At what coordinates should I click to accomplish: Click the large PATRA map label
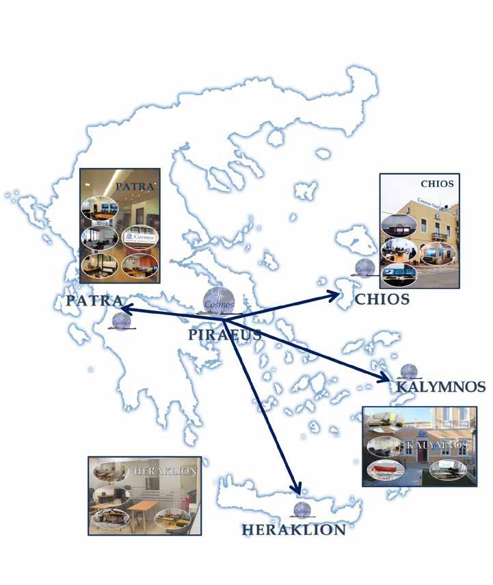tap(94, 301)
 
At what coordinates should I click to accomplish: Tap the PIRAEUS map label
tap(224, 334)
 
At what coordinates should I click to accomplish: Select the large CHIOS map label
tap(382, 299)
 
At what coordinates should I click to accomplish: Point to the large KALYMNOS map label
tap(440, 387)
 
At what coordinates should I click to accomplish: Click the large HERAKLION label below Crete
tap(293, 530)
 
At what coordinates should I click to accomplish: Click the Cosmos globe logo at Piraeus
tap(219, 300)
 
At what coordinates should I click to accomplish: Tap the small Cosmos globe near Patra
tap(122, 320)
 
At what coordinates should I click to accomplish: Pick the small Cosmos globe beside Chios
tap(364, 268)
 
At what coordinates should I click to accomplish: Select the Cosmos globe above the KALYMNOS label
tap(409, 371)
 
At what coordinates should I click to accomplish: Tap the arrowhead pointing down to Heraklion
tap(295, 488)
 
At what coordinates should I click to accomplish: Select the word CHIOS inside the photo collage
tap(437, 184)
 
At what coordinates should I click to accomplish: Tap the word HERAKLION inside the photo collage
tap(166, 471)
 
